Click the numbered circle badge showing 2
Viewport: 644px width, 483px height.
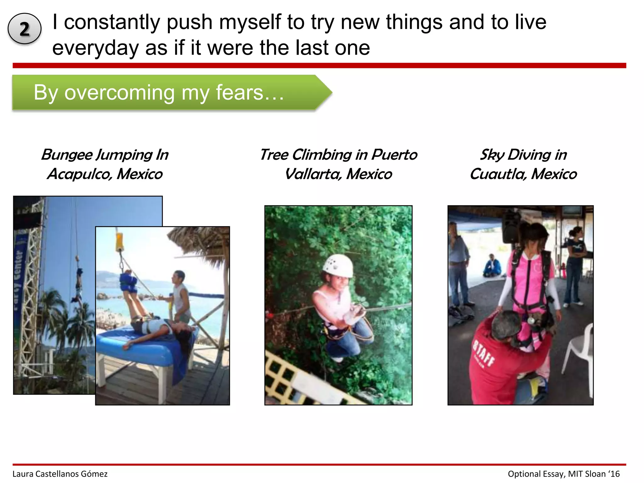(x=25, y=29)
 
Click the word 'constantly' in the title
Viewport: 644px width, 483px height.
(x=111, y=22)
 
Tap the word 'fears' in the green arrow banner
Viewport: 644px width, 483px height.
(x=239, y=92)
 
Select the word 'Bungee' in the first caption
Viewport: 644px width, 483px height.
(x=67, y=155)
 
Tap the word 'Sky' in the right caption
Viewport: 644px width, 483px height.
(x=492, y=155)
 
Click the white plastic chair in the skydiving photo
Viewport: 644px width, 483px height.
(x=579, y=352)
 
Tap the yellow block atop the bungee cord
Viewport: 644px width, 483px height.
(x=119, y=241)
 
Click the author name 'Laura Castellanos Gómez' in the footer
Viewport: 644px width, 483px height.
(x=60, y=474)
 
